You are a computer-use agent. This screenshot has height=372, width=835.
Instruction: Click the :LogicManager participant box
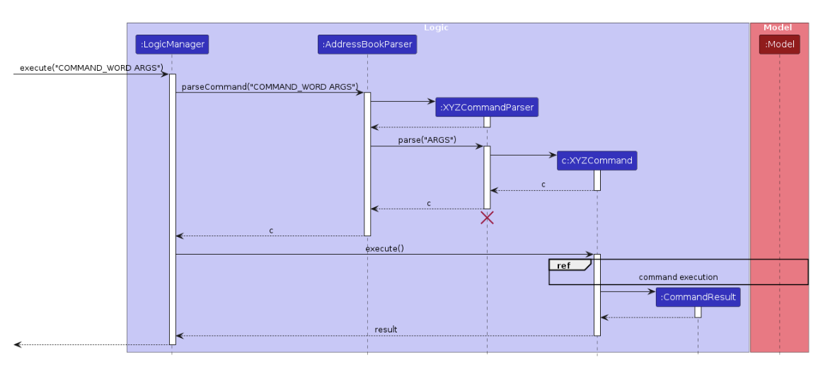(x=172, y=45)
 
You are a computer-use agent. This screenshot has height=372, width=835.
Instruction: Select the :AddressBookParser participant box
(x=367, y=45)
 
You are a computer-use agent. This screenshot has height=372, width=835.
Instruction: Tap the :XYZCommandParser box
(x=487, y=107)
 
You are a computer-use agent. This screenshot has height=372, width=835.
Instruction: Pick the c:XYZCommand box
(x=597, y=161)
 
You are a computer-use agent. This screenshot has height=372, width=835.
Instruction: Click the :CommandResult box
(x=698, y=297)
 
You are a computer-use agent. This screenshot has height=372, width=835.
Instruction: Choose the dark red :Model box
(x=779, y=45)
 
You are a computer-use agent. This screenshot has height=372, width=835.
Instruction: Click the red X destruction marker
(x=487, y=218)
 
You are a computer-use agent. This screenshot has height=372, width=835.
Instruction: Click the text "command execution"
(x=678, y=277)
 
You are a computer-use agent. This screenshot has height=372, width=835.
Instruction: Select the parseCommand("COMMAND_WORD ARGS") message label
(x=270, y=86)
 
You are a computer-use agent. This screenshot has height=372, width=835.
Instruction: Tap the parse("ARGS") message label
(x=427, y=140)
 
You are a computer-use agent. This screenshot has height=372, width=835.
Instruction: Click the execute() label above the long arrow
(x=384, y=248)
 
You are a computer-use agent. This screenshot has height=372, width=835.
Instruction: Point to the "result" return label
(x=386, y=330)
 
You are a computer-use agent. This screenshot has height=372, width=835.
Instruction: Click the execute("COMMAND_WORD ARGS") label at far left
(x=91, y=68)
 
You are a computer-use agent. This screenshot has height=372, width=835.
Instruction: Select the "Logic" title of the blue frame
(x=436, y=28)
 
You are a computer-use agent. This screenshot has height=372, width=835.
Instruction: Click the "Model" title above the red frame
(x=778, y=28)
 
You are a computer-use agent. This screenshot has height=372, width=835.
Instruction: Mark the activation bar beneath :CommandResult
(x=698, y=312)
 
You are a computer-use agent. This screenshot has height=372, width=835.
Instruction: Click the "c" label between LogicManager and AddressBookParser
(x=271, y=231)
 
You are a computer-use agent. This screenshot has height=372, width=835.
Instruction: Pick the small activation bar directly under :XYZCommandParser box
(x=487, y=122)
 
